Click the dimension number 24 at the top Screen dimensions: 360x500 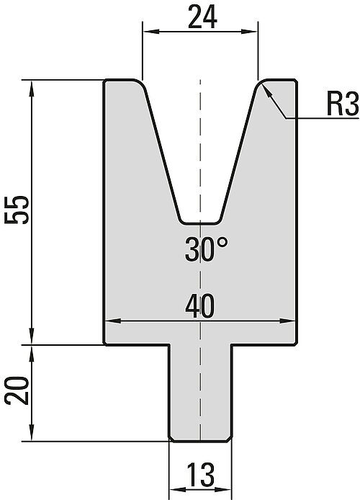pyautogui.click(x=202, y=17)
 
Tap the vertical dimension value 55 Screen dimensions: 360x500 pyautogui.click(x=17, y=210)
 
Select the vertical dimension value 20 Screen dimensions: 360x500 pyautogui.click(x=17, y=391)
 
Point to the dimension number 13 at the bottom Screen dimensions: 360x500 pyautogui.click(x=201, y=474)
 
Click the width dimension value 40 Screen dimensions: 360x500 pyautogui.click(x=199, y=306)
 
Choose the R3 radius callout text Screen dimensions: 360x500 pyautogui.click(x=343, y=104)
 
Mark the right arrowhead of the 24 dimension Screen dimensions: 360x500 pyautogui.click(x=249, y=31)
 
